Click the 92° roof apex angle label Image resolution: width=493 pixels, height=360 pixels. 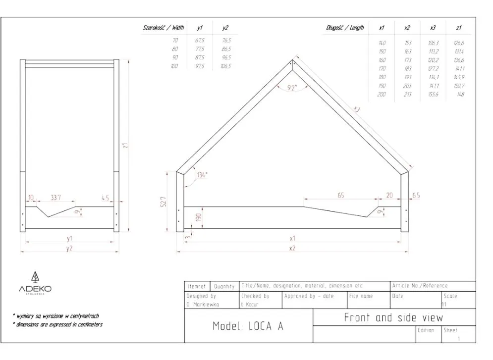point(292,88)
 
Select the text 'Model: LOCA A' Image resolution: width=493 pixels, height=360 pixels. point(248,326)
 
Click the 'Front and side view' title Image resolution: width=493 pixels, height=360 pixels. point(393,317)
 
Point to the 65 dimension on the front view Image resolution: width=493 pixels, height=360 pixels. point(341,196)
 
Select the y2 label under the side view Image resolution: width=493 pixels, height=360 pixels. point(69,248)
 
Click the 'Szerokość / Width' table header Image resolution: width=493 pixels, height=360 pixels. point(164,28)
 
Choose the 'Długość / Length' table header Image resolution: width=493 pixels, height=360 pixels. point(345,28)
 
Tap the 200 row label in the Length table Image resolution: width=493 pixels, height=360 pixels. point(382,94)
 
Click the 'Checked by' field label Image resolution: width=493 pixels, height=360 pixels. point(255,296)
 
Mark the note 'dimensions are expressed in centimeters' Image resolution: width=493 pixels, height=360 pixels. point(58,324)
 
